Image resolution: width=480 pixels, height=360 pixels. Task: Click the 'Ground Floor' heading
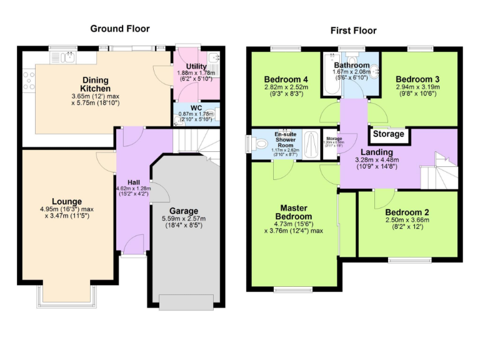click(120, 28)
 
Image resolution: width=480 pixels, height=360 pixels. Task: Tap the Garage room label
click(184, 211)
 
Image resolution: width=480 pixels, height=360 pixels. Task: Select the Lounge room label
click(67, 201)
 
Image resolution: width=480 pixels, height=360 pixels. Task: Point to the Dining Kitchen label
click(95, 84)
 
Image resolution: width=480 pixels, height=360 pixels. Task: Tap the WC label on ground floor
click(196, 107)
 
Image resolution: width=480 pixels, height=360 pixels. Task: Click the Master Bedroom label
click(296, 212)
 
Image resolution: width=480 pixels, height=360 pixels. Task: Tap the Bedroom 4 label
click(286, 79)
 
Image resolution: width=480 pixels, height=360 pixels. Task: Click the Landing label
click(377, 152)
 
